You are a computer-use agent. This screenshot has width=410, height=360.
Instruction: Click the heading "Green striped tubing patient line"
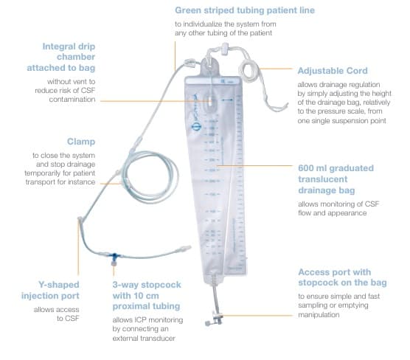[x=245, y=10]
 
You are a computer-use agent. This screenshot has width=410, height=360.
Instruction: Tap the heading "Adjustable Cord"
[x=333, y=71]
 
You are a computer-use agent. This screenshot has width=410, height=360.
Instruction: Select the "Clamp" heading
[x=81, y=142]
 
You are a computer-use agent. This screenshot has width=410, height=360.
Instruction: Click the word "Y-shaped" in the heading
[x=59, y=285]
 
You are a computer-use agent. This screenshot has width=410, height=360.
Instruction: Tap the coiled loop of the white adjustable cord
[x=249, y=70]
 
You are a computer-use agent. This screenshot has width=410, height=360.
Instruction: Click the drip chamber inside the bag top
[x=210, y=103]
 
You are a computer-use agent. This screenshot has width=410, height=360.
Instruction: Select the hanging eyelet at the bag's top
[x=210, y=66]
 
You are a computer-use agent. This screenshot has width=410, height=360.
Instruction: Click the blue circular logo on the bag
[x=196, y=128]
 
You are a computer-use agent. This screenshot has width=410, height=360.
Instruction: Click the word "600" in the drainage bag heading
[x=306, y=168]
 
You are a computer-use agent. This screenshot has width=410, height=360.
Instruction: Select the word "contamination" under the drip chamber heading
[x=72, y=100]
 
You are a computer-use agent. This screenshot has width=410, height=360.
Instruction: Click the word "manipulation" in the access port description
[x=319, y=314]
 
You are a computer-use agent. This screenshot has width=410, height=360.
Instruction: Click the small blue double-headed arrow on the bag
[x=227, y=100]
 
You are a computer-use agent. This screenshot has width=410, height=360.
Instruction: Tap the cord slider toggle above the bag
[x=225, y=49]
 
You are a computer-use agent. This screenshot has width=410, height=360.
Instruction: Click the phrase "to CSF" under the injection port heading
[x=68, y=319]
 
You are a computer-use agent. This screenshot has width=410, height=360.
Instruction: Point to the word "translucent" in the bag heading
[x=323, y=179]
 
